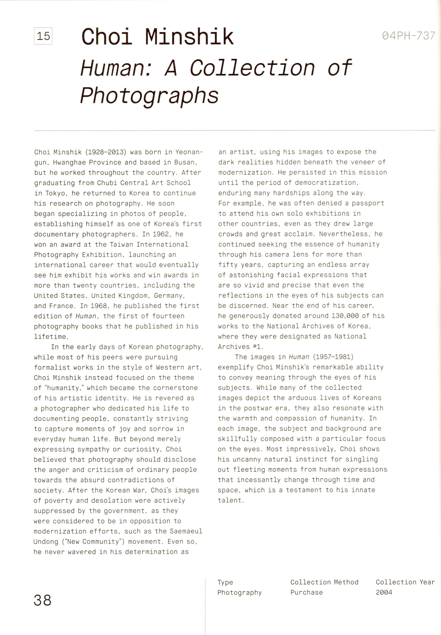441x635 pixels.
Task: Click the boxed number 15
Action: click(43, 36)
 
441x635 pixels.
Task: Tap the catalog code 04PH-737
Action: click(408, 36)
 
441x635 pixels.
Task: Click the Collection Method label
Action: click(324, 582)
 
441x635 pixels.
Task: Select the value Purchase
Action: click(306, 592)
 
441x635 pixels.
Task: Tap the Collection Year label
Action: click(405, 582)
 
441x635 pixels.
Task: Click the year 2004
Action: click(384, 592)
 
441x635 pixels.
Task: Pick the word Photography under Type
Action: click(239, 592)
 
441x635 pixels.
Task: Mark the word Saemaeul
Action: click(186, 531)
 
